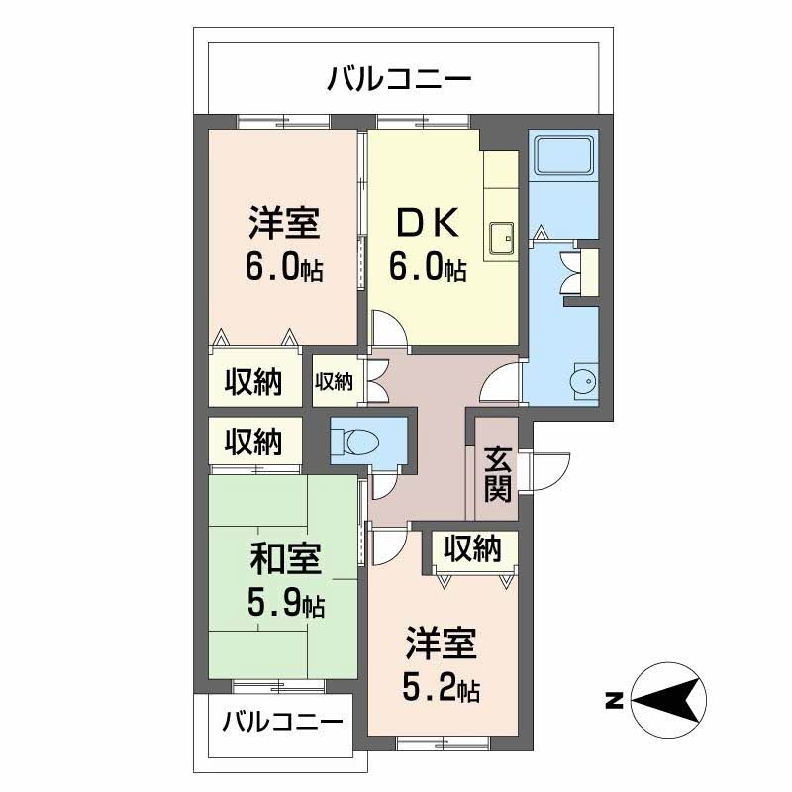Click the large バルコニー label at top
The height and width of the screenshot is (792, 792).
(x=399, y=78)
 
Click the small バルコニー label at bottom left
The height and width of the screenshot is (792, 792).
(x=281, y=721)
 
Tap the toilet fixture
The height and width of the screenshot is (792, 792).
(x=351, y=440)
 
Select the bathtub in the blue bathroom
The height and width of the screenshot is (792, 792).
(x=562, y=154)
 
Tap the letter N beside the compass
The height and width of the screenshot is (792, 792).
(x=613, y=702)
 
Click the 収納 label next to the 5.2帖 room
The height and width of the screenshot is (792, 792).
(x=471, y=547)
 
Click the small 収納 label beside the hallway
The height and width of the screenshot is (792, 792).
(x=334, y=380)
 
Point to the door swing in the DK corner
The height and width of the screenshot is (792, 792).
(x=387, y=327)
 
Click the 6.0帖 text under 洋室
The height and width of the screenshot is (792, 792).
(x=284, y=268)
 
